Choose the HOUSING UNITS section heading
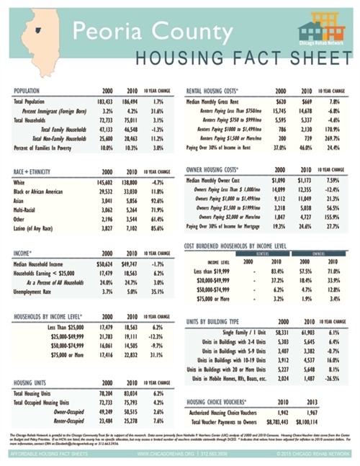coord(32,384)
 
